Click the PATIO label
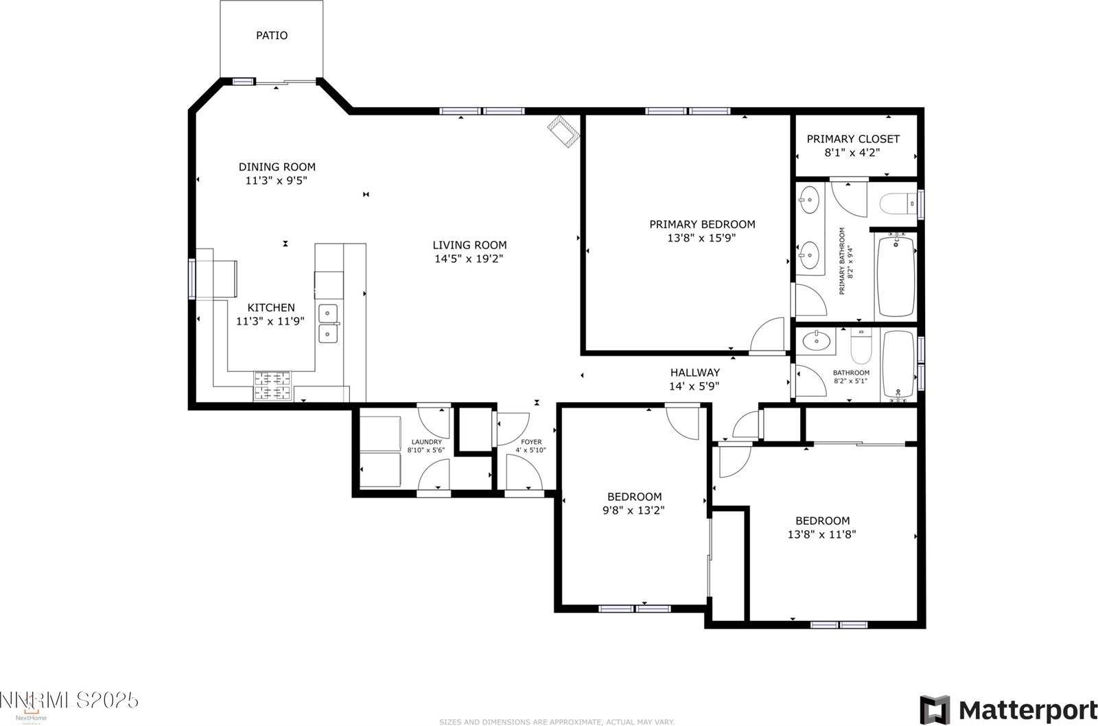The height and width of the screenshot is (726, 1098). (x=272, y=35)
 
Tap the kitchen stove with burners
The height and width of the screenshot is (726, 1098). (x=273, y=386)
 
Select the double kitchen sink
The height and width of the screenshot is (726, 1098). (x=329, y=324)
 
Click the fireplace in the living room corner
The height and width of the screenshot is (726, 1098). (x=564, y=130)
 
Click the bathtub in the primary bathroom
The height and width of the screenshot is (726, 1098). (x=896, y=275)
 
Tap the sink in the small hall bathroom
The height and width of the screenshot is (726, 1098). (x=817, y=340)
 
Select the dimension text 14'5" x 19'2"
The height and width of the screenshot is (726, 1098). (x=469, y=259)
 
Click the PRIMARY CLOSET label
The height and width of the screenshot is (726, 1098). (x=853, y=139)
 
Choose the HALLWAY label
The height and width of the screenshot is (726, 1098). (x=695, y=373)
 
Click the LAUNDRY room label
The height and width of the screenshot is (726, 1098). (x=426, y=442)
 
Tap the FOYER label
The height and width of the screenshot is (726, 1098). (x=530, y=442)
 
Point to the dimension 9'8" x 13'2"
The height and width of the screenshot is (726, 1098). (x=634, y=511)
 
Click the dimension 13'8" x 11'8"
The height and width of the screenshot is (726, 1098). (x=822, y=534)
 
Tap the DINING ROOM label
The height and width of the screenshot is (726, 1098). (x=277, y=167)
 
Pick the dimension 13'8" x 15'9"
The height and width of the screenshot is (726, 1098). (x=702, y=238)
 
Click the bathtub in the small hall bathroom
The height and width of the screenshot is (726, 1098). (x=898, y=365)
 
